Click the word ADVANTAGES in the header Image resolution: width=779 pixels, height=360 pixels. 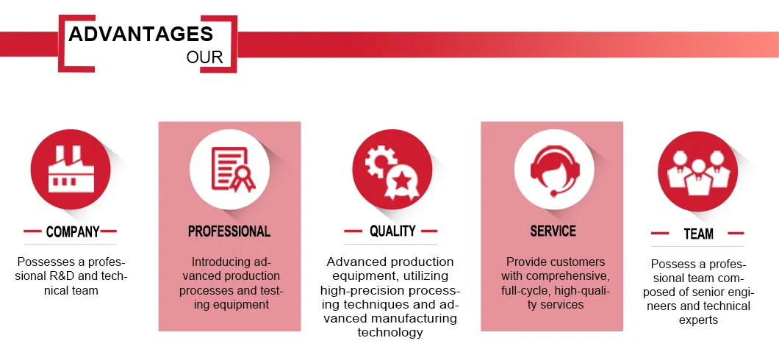pyautogui.click(x=141, y=35)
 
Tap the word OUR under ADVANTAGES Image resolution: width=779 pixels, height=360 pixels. pyautogui.click(x=205, y=57)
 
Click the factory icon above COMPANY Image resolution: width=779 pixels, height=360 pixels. pyautogui.click(x=71, y=169)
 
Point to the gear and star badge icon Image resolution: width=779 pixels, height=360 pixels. pyautogui.click(x=392, y=172)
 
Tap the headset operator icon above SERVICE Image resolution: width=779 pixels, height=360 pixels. pyautogui.click(x=554, y=169)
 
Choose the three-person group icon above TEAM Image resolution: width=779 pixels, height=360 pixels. pyautogui.click(x=697, y=173)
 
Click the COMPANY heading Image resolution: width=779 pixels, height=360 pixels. pyautogui.click(x=73, y=232)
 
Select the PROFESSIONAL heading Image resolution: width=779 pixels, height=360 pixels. pyautogui.click(x=229, y=231)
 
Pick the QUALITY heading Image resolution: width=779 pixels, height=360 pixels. pyautogui.click(x=392, y=231)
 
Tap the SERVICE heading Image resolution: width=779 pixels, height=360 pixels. pyautogui.click(x=553, y=231)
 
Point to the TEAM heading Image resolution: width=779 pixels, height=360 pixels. pyautogui.click(x=698, y=234)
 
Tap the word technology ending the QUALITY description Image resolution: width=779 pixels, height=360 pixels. pyautogui.click(x=390, y=332)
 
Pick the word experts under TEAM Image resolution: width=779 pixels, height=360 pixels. pyautogui.click(x=698, y=320)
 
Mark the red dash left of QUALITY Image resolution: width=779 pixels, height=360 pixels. pyautogui.click(x=353, y=231)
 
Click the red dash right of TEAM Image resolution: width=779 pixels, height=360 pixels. pyautogui.click(x=735, y=233)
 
